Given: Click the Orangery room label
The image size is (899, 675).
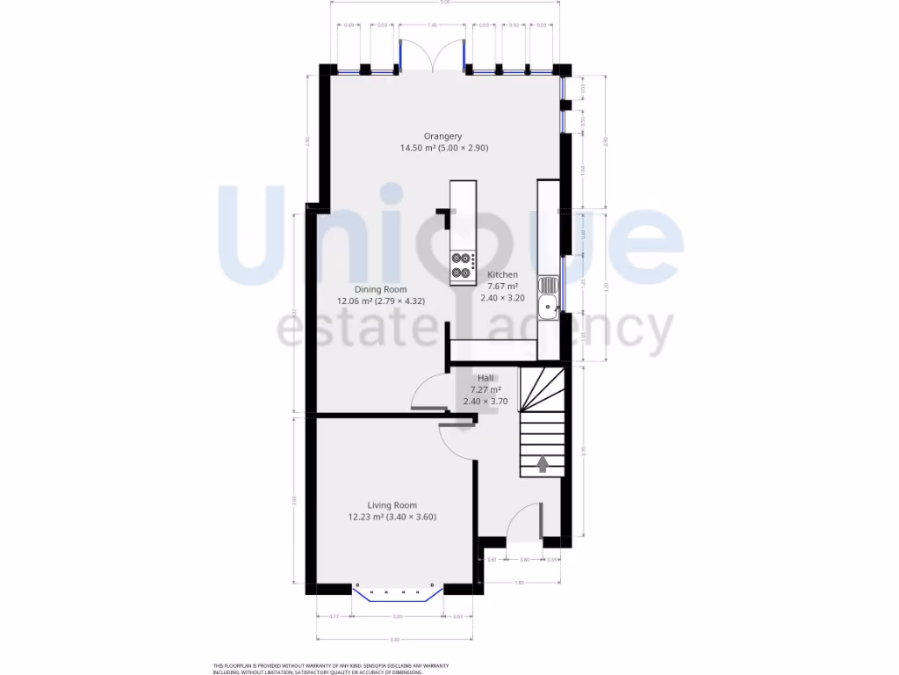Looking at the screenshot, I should coord(442,136).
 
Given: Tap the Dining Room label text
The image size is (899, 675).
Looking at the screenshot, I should coord(380,290).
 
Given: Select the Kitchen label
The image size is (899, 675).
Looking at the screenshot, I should coord(503,275).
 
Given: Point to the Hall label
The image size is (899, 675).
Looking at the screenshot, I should coord(485,378).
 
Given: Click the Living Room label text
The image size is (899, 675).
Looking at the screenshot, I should coord(392,505).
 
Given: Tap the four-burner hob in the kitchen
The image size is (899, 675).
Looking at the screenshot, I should coord(463,265).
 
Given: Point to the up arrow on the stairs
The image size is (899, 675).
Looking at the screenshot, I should coord(542,463).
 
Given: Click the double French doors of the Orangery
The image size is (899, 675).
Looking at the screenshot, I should coord(432,54).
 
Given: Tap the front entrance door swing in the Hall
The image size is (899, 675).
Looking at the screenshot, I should coord(525,522).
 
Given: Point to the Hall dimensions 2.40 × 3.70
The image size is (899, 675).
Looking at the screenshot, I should coord(485,401).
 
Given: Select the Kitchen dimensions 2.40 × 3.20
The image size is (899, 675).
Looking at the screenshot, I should coord(502,298).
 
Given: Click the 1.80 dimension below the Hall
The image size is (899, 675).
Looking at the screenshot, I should coord(519,583).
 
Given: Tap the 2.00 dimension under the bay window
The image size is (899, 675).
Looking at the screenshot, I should coord(398,617).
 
